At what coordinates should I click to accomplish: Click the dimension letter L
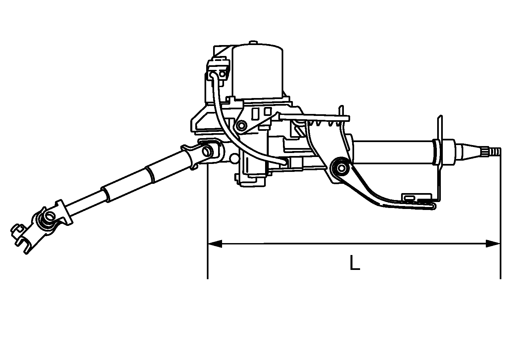click(x=355, y=263)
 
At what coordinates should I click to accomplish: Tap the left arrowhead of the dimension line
click(x=215, y=244)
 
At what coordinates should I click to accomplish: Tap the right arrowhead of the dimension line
click(x=493, y=244)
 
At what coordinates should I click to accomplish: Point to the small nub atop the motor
click(x=253, y=43)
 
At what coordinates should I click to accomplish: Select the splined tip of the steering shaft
click(x=494, y=151)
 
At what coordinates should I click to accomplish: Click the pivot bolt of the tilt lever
click(x=341, y=168)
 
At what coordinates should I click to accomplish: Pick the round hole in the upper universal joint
click(x=207, y=151)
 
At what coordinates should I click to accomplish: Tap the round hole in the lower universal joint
click(x=51, y=216)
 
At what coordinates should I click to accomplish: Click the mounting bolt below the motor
click(x=241, y=125)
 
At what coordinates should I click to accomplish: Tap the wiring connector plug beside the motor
click(x=218, y=70)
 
